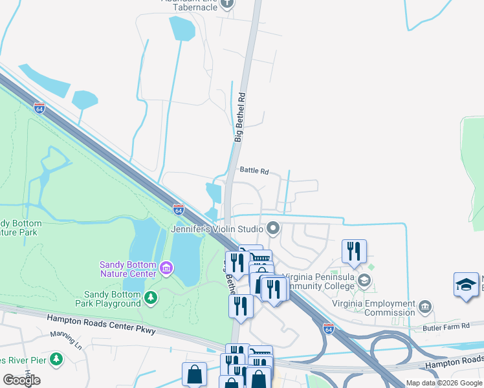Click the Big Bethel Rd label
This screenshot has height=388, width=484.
240,117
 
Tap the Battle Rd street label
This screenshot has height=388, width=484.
254,171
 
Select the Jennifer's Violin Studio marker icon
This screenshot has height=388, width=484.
273,228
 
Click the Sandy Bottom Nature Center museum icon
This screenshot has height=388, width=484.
166,268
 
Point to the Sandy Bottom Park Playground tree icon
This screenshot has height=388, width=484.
151,297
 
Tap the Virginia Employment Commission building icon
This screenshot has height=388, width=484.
425,305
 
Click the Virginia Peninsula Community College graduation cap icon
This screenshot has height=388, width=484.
364,280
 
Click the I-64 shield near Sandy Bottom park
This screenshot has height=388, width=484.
179,210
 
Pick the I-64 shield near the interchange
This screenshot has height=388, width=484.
329,328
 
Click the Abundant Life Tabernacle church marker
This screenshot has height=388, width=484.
226,4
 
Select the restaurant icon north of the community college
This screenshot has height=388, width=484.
354,251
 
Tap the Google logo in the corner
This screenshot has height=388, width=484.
21,380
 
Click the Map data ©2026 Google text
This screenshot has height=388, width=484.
445,383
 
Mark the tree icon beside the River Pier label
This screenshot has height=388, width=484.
57,358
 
